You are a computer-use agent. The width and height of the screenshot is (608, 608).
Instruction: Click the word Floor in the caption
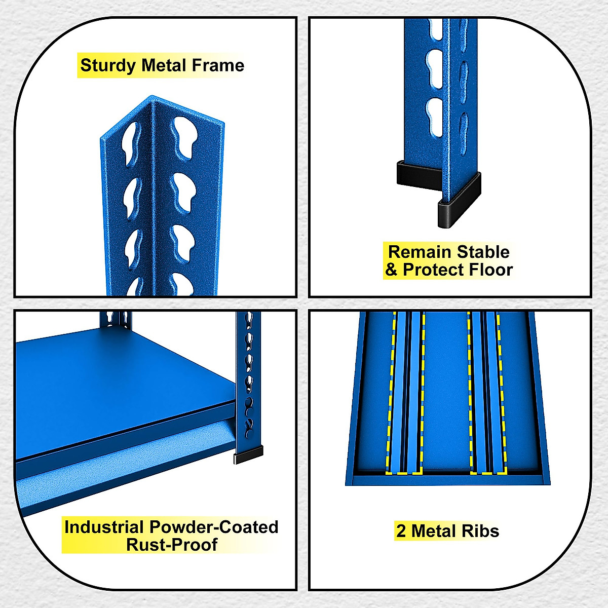491,270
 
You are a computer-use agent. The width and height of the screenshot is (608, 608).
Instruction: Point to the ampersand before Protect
391,270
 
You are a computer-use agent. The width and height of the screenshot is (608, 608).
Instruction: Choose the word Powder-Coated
214,527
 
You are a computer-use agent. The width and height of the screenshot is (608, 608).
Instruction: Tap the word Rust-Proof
172,545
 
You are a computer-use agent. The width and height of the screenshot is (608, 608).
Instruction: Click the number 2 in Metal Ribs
401,531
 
